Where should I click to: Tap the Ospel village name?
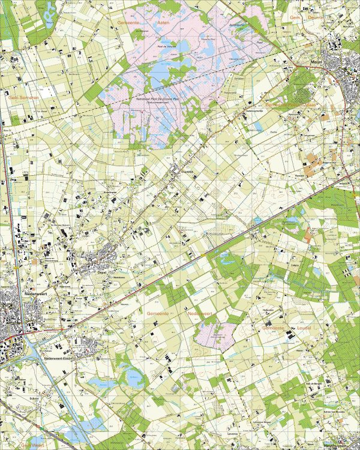click(x=101, y=271)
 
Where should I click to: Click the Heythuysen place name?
click(x=335, y=446)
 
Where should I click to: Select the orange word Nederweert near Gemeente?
click(x=200, y=313)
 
